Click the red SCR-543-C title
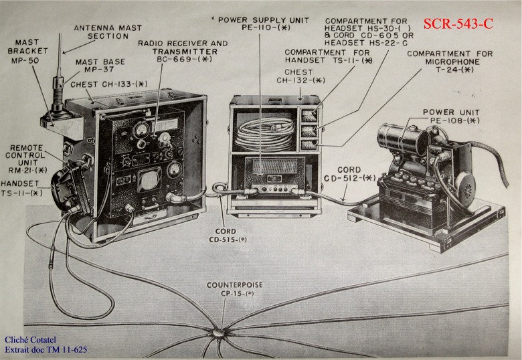[x=458, y=23]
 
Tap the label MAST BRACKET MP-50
[x=28, y=52]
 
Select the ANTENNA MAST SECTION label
[x=108, y=32]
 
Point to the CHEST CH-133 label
[x=109, y=84]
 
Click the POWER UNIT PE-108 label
[x=451, y=116]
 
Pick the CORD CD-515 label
[x=228, y=236]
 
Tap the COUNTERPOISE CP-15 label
[x=235, y=289]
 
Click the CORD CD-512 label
[x=349, y=174]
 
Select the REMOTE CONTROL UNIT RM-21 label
[x=26, y=159]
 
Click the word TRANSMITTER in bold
[x=185, y=52]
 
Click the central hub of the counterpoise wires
[x=218, y=333]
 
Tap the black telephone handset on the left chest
[x=68, y=185]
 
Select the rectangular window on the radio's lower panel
[x=149, y=180]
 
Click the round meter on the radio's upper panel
[x=141, y=129]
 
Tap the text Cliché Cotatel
[x=30, y=340]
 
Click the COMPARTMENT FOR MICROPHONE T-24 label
[x=450, y=62]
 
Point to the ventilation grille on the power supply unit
[x=275, y=167]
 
